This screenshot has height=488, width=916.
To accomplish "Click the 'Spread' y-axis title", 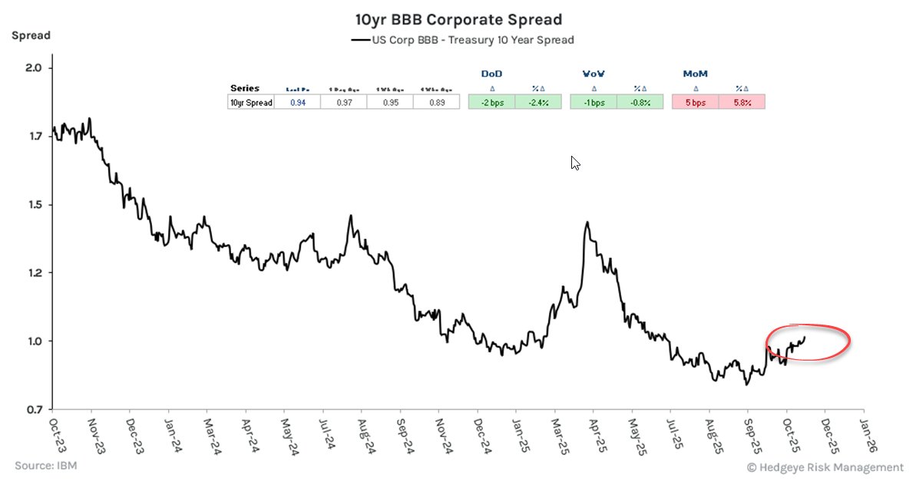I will click(x=31, y=35).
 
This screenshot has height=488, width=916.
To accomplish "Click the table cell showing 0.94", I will click(x=297, y=102).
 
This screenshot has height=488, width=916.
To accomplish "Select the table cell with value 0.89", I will click(x=435, y=102).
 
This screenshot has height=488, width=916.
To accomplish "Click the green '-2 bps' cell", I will click(x=491, y=102).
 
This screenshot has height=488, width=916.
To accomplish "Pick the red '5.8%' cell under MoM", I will click(x=741, y=102).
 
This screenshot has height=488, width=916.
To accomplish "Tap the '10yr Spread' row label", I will click(x=251, y=102).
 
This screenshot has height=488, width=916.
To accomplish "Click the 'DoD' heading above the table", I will click(x=491, y=74).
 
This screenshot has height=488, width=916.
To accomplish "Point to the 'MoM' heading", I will click(x=695, y=74).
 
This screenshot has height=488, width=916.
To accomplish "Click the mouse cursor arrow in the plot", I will click(x=575, y=163).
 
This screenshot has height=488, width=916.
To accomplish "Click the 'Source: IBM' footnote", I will click(x=45, y=466).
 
